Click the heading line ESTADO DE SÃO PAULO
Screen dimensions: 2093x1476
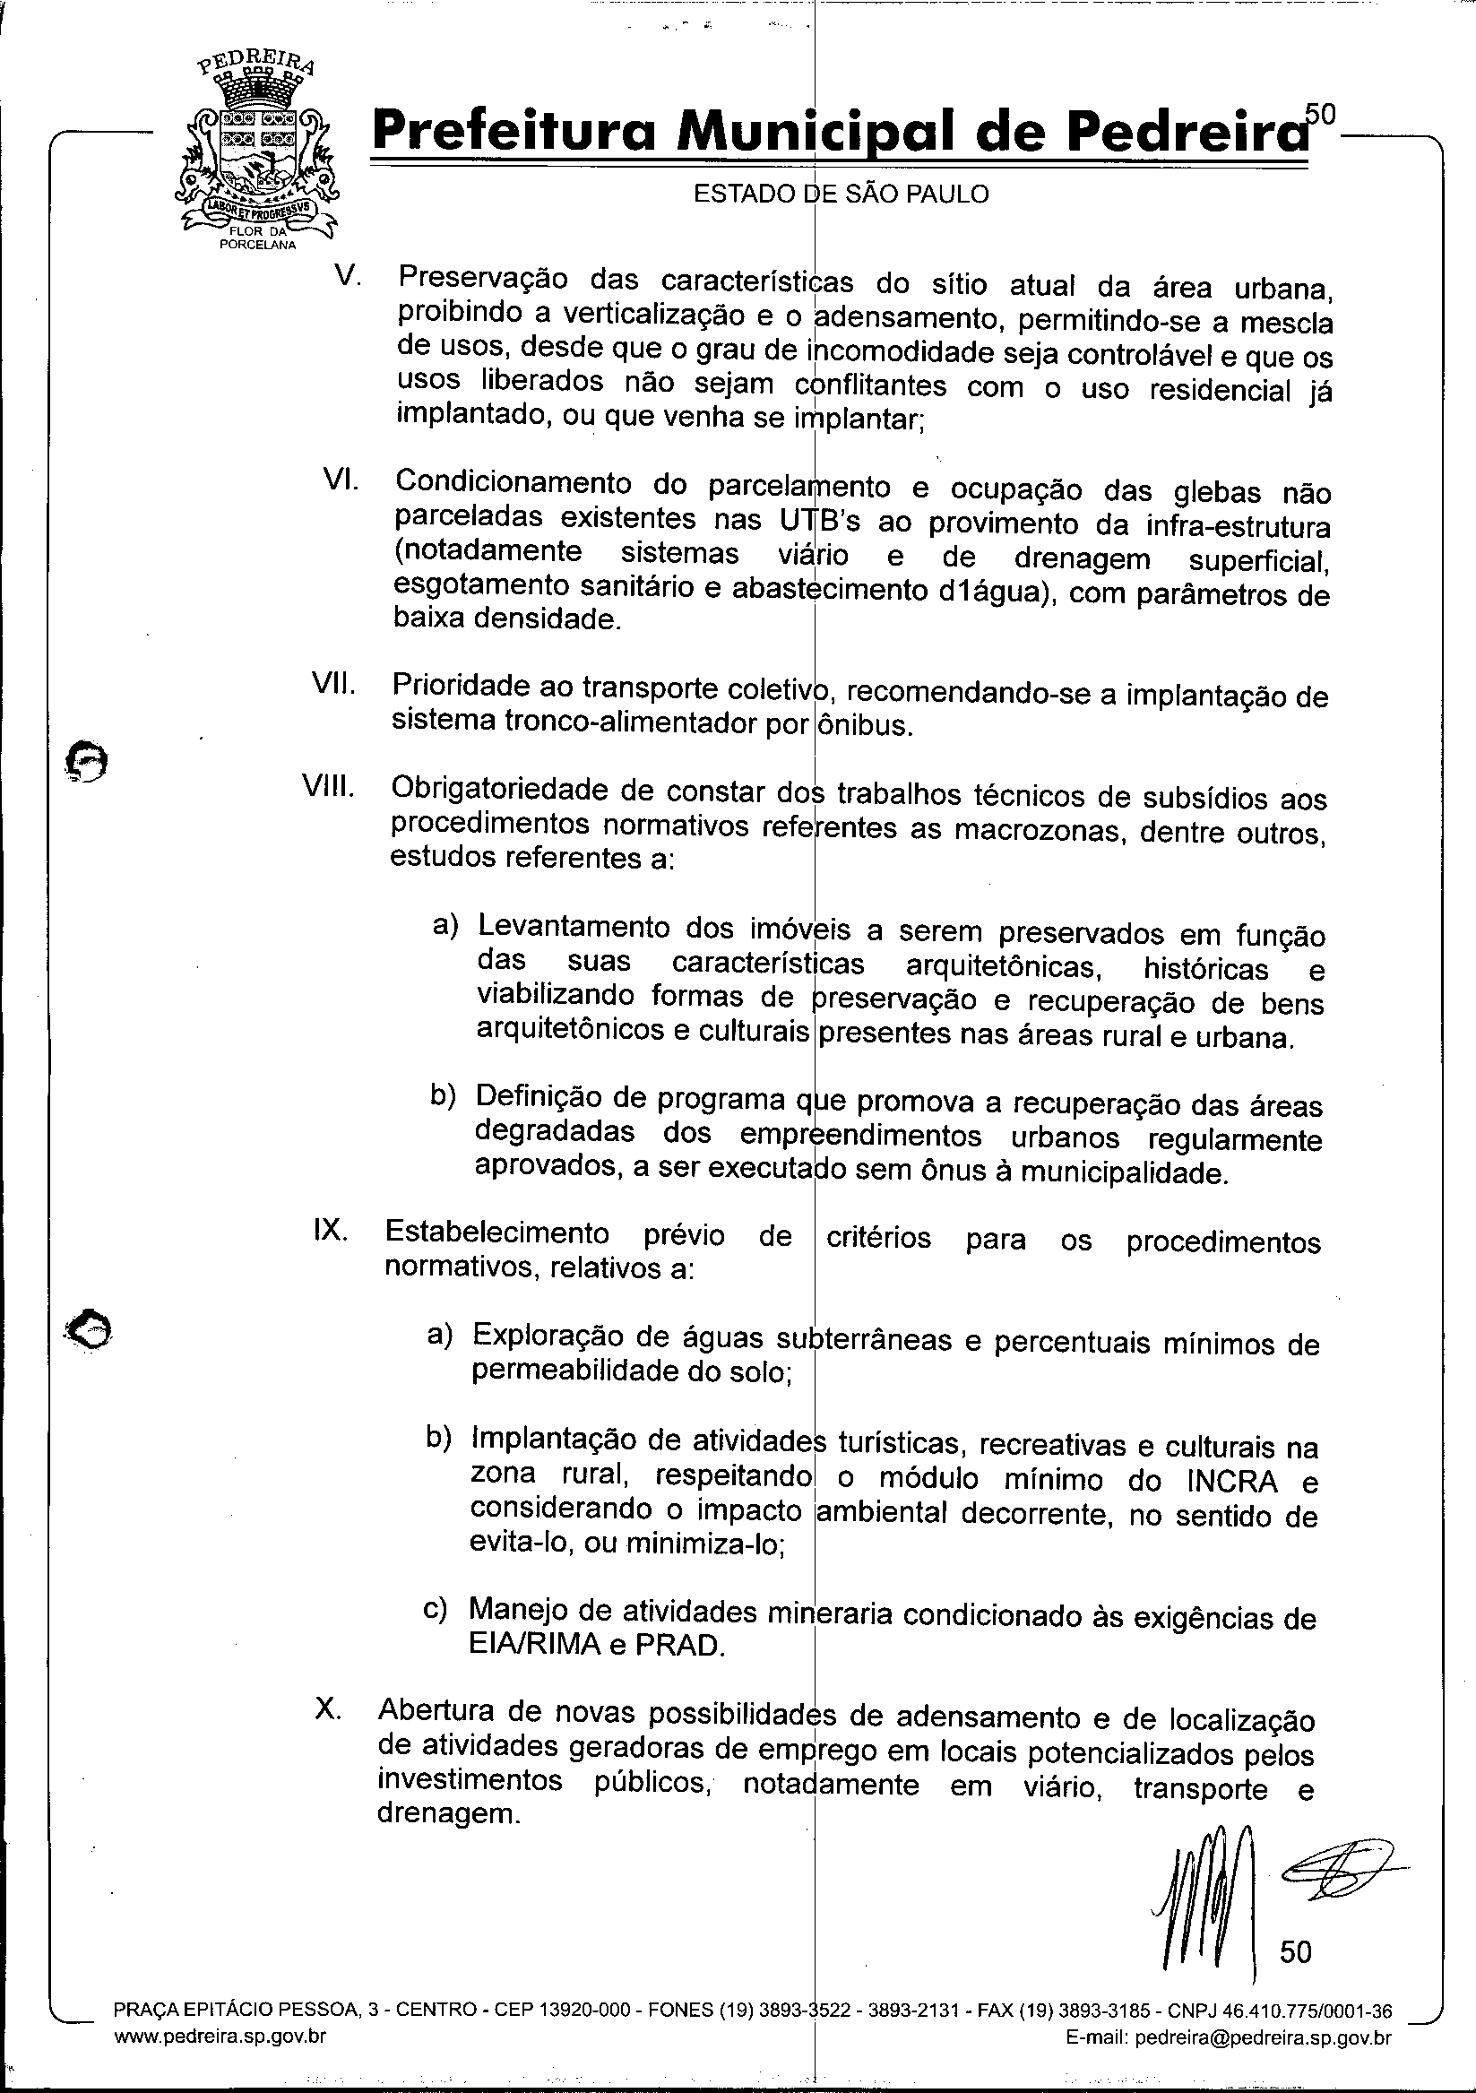pos(841,195)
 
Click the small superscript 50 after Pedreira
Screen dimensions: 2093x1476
pos(1319,112)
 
